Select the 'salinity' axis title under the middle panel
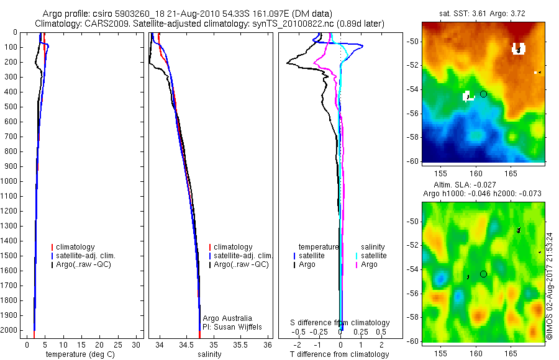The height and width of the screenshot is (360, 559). pyautogui.click(x=209, y=354)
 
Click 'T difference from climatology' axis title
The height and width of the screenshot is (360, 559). pyautogui.click(x=340, y=354)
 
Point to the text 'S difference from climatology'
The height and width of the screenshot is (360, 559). pyautogui.click(x=340, y=323)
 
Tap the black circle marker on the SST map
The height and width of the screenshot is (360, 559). pyautogui.click(x=483, y=94)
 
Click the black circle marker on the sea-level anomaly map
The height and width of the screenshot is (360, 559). pyautogui.click(x=483, y=274)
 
